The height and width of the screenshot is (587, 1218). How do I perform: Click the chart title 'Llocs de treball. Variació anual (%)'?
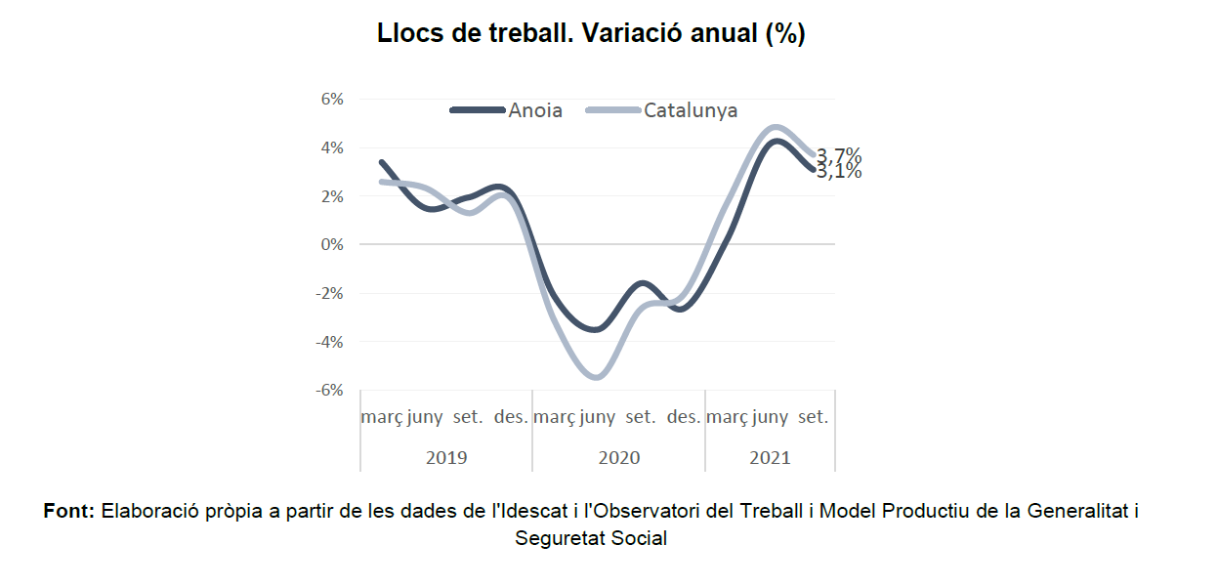591,34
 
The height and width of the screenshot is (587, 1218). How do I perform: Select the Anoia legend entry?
506,110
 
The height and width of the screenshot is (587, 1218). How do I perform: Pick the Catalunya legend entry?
661,110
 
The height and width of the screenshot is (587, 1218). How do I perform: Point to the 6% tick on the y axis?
332,99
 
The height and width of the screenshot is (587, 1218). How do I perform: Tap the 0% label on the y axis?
332,244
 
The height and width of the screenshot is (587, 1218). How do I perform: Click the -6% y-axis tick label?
329,391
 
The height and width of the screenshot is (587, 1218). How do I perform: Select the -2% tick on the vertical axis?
329,293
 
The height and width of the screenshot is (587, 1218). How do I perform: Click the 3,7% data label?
839,155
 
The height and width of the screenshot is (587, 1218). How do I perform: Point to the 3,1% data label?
839,172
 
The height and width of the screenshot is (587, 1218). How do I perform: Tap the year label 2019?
446,458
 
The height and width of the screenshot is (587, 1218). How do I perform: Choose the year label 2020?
619,458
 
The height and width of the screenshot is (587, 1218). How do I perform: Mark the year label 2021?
770,458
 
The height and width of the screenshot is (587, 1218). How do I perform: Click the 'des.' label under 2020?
684,417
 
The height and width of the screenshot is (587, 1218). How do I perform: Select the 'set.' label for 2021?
814,417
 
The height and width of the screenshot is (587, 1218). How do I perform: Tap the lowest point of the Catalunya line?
597,377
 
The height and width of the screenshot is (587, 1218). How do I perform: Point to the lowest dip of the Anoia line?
596,329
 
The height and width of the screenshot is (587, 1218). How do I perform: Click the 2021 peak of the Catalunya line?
776,128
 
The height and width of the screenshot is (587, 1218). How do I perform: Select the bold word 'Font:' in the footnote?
69,511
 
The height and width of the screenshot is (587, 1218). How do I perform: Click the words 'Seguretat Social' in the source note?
591,538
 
